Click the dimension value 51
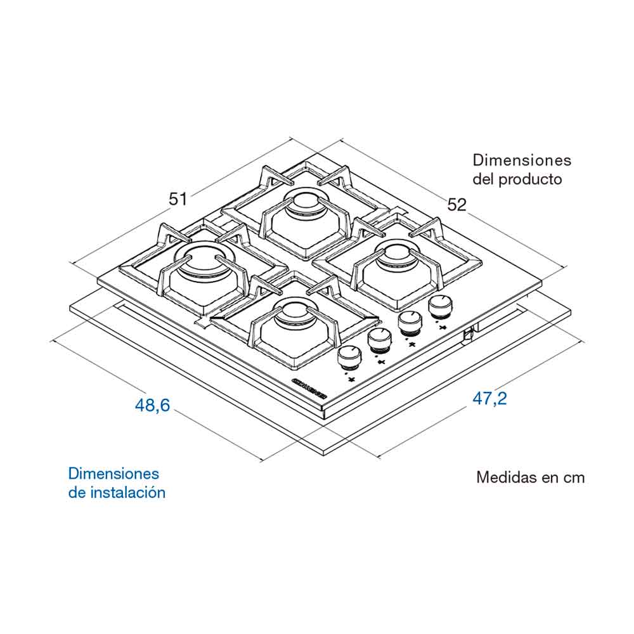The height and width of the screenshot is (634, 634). pyautogui.click(x=178, y=198)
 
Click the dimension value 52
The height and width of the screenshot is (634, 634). pyautogui.click(x=456, y=204)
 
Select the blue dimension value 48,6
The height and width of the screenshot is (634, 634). pyautogui.click(x=152, y=405)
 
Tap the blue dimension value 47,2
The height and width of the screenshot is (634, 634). pyautogui.click(x=489, y=399)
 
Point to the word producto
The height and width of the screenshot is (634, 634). pyautogui.click(x=530, y=179)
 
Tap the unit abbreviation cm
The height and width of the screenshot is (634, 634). pyautogui.click(x=574, y=477)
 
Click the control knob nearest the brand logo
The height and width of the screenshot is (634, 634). pyautogui.click(x=347, y=359)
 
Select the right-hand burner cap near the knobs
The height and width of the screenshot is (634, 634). pyautogui.click(x=395, y=256)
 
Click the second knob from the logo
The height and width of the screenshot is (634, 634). pyautogui.click(x=378, y=341)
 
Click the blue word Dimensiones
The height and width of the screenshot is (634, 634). pyautogui.click(x=113, y=474)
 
